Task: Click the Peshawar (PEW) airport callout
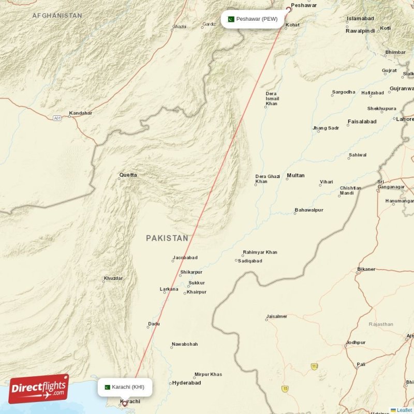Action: pos(253,19)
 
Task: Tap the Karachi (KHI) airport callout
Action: pos(125,387)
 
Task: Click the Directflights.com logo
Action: pos(38,389)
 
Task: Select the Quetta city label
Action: pos(128,175)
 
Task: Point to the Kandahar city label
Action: pos(80,113)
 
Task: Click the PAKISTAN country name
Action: pos(167,238)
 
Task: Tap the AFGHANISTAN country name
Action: pos(57,16)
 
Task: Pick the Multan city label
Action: pos(295,175)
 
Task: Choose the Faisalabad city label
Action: pos(362,122)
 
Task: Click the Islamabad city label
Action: pos(360,18)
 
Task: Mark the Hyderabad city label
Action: pos(186,383)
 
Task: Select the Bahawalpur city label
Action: pos(309,210)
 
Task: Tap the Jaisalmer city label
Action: pos(276,316)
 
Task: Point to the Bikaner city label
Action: pos(366,269)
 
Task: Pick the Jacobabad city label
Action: pos(185,257)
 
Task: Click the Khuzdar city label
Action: pos(113,278)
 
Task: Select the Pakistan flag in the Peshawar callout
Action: pos(231,19)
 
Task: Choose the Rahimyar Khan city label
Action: pos(260,252)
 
